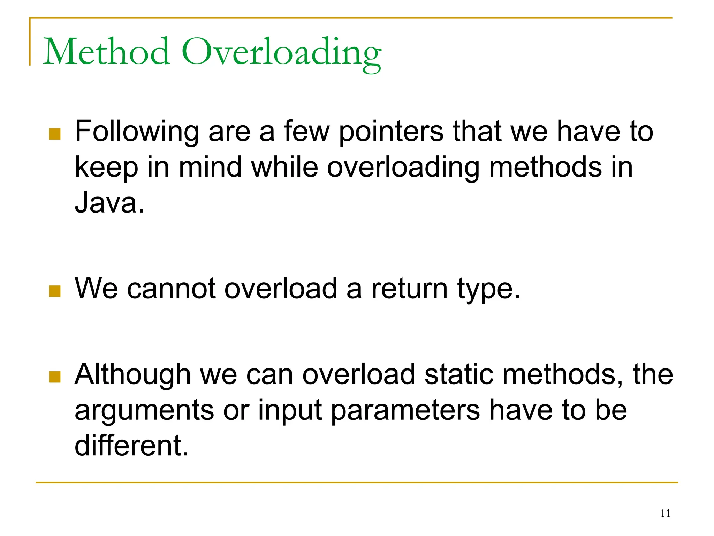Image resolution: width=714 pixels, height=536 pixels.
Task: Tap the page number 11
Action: click(x=665, y=513)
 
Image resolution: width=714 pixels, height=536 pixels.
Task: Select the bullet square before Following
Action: click(x=55, y=134)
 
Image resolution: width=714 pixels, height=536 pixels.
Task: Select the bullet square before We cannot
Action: click(x=55, y=291)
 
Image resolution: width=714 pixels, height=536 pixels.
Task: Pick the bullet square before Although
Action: click(x=55, y=377)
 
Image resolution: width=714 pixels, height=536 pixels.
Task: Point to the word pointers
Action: click(x=391, y=132)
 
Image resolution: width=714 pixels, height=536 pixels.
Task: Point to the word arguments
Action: click(x=144, y=411)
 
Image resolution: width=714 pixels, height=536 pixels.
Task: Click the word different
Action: click(x=131, y=446)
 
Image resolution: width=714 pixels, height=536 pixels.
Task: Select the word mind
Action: click(x=210, y=167)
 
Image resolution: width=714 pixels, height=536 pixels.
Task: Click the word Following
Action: click(x=137, y=132)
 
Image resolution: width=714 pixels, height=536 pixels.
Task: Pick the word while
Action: click(x=284, y=167)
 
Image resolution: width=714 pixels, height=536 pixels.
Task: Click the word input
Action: click(x=290, y=411)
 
